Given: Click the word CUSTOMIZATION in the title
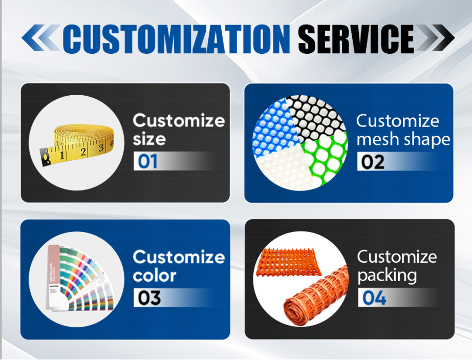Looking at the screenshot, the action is (x=176, y=39).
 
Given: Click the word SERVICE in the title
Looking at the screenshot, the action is (x=356, y=39).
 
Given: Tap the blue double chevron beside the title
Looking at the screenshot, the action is (x=41, y=38).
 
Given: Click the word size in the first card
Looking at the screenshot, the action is (x=149, y=139).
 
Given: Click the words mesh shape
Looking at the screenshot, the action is (x=403, y=139).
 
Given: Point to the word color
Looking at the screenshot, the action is (x=155, y=276).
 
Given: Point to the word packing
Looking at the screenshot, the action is (x=387, y=276).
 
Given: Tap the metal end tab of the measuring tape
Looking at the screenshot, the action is (x=45, y=157).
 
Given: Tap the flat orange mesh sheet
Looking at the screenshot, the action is (x=288, y=262).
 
